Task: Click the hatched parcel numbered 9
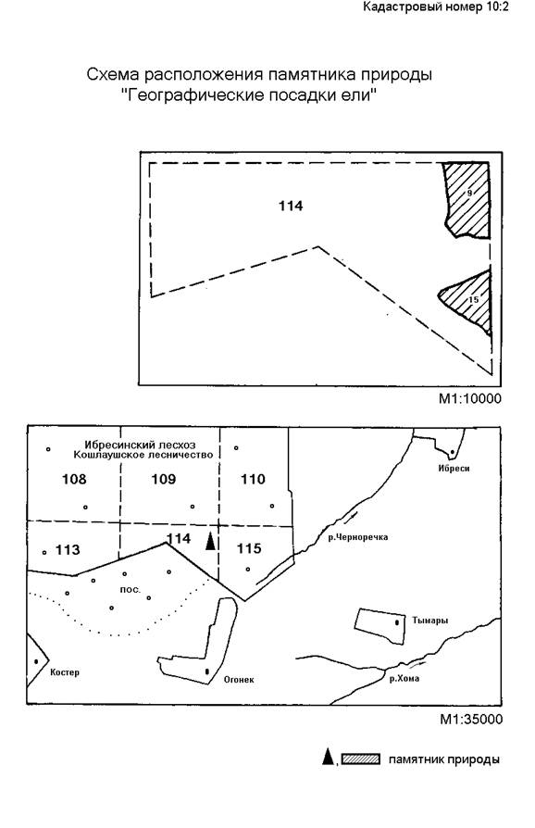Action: coord(468,200)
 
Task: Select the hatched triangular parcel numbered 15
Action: coord(472,301)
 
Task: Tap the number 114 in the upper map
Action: coord(291,206)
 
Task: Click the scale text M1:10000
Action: coord(470,398)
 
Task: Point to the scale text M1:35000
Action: coord(471,720)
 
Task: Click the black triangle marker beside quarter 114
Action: coord(210,541)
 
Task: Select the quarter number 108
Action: coord(74,479)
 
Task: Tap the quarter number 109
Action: coord(164,479)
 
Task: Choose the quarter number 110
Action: coord(253,479)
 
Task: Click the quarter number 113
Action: coord(68,550)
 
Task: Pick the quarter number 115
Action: coord(249,548)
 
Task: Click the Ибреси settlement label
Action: coord(454,468)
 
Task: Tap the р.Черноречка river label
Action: coord(357,537)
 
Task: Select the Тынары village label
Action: coord(430,621)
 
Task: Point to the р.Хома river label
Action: coord(404,679)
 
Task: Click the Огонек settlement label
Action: coord(239,680)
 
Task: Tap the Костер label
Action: coord(65,672)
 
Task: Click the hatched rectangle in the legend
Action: coord(361,759)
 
